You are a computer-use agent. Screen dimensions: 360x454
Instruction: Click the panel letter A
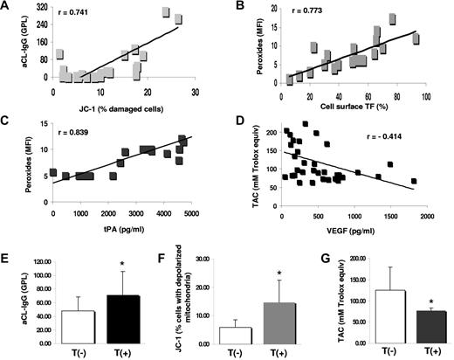[7, 8]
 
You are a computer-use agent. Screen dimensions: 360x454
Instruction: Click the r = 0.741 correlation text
[76, 17]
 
